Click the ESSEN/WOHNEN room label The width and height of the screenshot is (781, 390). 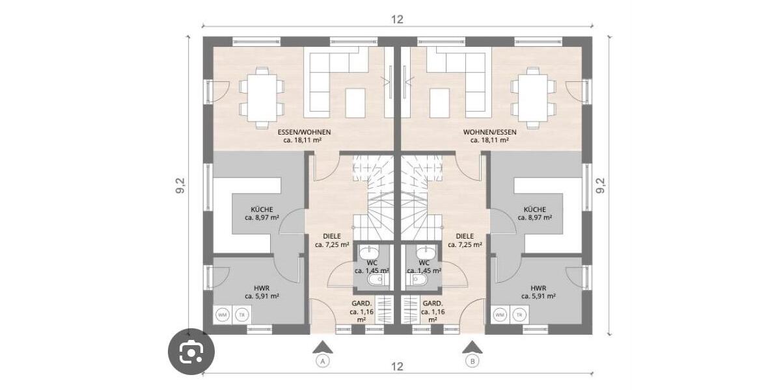pyautogui.click(x=307, y=132)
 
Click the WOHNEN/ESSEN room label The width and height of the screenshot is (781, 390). pyautogui.click(x=489, y=132)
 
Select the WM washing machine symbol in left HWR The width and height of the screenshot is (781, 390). pyautogui.click(x=223, y=315)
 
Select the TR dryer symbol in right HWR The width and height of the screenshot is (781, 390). pyautogui.click(x=519, y=315)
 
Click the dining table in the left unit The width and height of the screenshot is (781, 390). pyautogui.click(x=262, y=96)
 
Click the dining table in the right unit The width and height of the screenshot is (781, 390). pyautogui.click(x=533, y=96)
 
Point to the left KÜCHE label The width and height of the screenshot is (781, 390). pyautogui.click(x=262, y=210)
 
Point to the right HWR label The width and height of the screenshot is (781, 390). pyautogui.click(x=538, y=287)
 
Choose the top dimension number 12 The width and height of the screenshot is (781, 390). pyautogui.click(x=397, y=19)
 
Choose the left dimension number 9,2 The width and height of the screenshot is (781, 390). pyautogui.click(x=180, y=185)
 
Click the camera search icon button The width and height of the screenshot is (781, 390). pyautogui.click(x=190, y=353)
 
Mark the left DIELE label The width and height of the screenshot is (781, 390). pyautogui.click(x=332, y=237)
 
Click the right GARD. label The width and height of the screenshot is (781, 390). pyautogui.click(x=433, y=304)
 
